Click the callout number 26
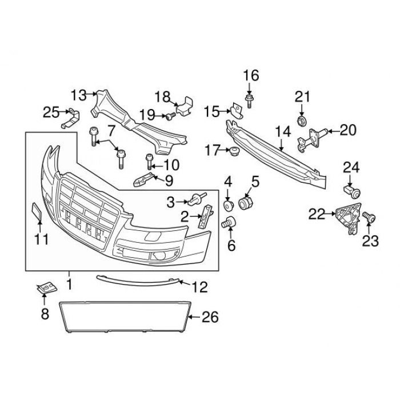[x=210, y=317]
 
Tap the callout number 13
[x=78, y=94]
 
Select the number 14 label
[x=283, y=133]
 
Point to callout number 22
[x=316, y=214]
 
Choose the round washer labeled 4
[x=227, y=205]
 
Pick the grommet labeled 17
[x=233, y=151]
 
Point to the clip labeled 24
[x=350, y=189]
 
